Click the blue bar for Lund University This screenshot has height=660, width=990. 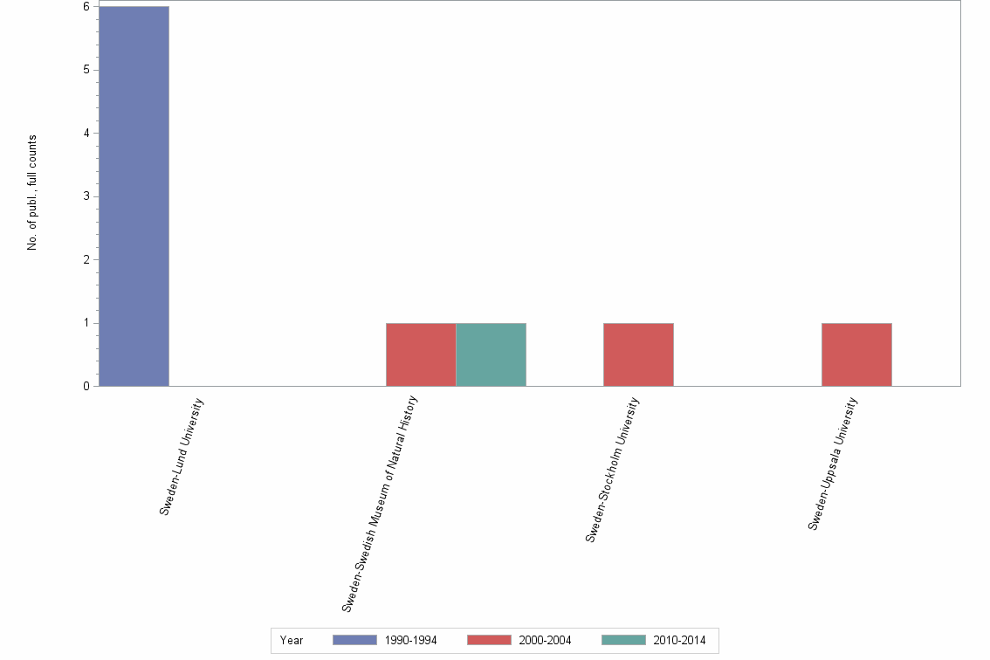pos(134,196)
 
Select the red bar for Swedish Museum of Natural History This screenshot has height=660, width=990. pos(421,354)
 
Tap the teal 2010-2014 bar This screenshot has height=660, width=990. pos(491,354)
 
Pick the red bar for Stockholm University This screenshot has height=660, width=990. pos(638,354)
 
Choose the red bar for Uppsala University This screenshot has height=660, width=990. pos(856,354)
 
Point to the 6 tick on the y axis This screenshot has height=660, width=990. pos(86,7)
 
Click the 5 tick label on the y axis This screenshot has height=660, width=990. pos(86,70)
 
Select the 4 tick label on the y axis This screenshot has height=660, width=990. pos(86,134)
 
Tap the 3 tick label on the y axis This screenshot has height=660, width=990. pos(86,196)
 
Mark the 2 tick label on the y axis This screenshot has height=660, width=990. pos(86,260)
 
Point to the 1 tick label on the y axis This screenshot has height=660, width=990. pos(86,323)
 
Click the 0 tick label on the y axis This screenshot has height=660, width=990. pos(86,387)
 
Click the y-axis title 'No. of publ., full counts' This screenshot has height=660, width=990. pos(32,193)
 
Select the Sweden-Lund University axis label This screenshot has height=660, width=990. pos(182,457)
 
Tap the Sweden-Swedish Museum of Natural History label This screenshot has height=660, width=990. pos(381,503)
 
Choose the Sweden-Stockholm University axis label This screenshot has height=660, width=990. pos(613,470)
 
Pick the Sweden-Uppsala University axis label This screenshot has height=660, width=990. pos(833,464)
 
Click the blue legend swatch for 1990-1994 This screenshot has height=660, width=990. pos(354,640)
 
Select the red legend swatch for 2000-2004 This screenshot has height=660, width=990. pos(489,640)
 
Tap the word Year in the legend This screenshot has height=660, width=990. pos(292,641)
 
